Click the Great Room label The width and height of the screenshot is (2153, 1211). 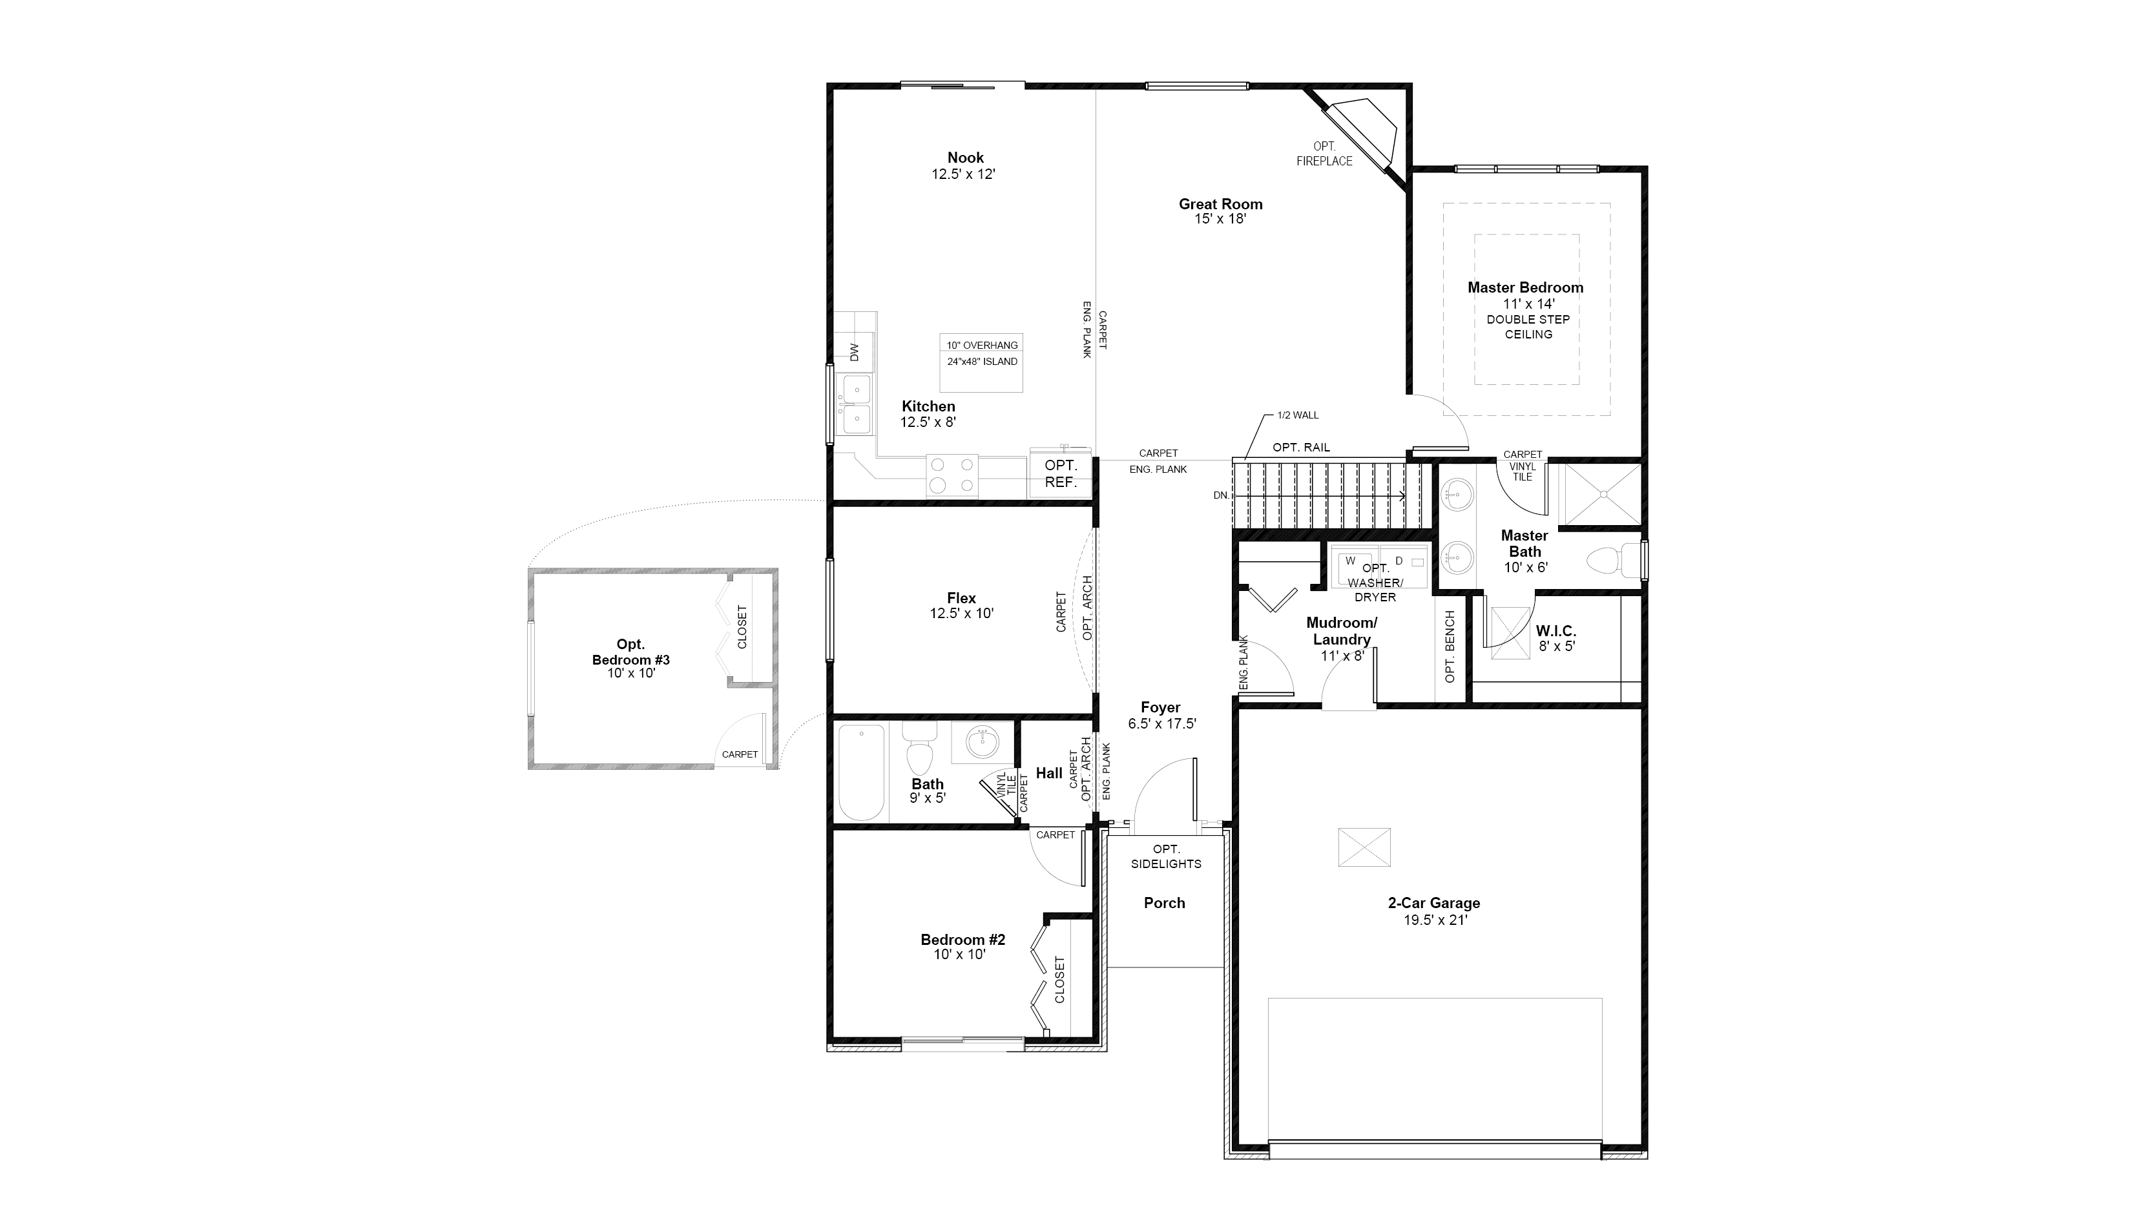(1220, 204)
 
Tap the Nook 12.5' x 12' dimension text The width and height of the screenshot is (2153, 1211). (964, 174)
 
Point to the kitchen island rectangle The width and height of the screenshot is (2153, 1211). (981, 363)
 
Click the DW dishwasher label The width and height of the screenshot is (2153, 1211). (854, 353)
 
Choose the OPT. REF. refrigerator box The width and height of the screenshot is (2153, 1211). (1061, 474)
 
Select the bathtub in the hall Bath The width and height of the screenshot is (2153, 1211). (861, 773)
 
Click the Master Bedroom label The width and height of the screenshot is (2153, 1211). (1525, 287)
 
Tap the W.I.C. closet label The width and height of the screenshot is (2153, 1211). (1555, 631)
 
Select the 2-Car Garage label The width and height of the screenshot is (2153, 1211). (1434, 904)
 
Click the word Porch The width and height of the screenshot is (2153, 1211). (1164, 904)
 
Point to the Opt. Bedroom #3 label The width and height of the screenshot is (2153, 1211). (631, 652)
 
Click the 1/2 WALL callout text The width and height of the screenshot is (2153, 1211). (1298, 415)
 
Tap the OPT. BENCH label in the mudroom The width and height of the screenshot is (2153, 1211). (1450, 646)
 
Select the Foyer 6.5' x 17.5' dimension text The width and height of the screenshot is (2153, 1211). (1161, 725)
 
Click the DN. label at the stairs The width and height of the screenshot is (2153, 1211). (1221, 495)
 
